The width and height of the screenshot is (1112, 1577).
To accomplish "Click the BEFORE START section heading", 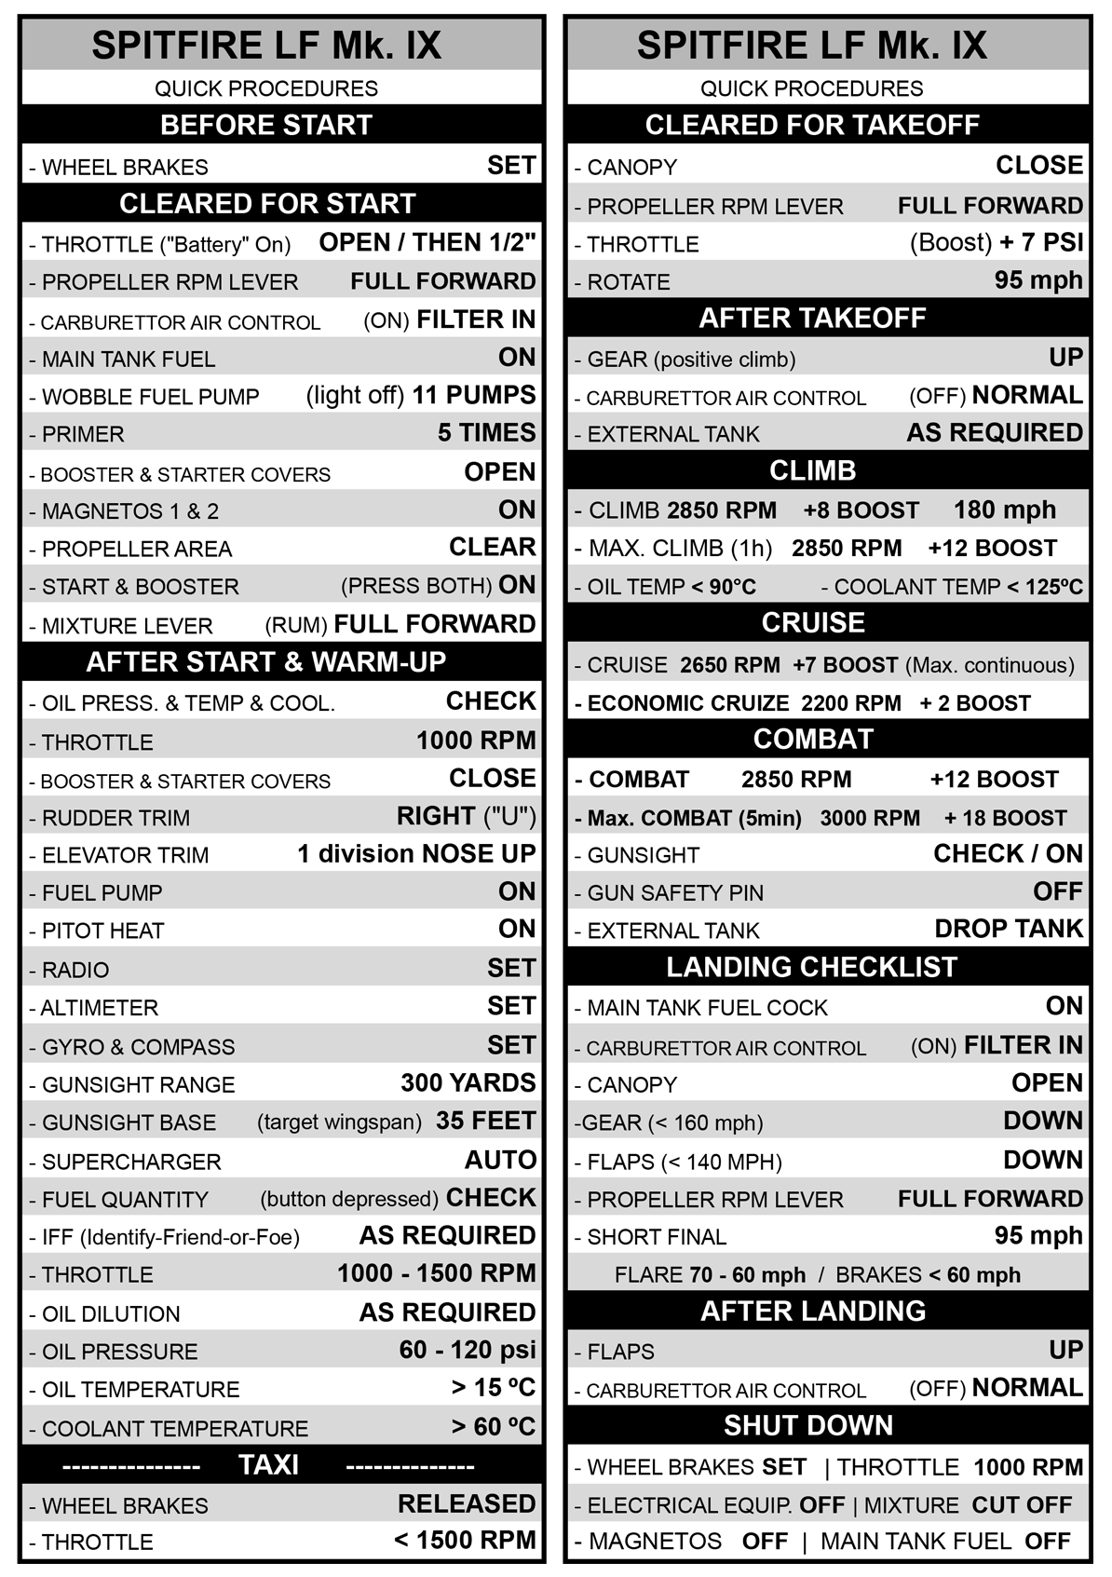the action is pos(266,125).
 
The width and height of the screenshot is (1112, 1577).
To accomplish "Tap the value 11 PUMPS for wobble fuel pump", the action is pos(473,395).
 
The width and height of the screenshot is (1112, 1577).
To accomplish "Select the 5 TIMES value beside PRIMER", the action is pos(486,433).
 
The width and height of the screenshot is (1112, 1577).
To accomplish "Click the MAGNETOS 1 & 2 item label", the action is pos(130,511).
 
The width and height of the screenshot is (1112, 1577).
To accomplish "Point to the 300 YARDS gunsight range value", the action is pos(468,1083).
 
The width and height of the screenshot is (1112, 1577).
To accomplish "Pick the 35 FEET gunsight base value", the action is pos(485,1121).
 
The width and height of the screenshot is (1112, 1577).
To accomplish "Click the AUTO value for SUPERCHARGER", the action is pos(500,1160).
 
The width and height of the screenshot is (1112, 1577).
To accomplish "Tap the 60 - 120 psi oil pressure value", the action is pos(468,1350).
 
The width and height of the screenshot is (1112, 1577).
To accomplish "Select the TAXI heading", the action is pos(268,1465).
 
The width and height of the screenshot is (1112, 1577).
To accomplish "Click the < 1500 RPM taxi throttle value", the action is pos(465,1541).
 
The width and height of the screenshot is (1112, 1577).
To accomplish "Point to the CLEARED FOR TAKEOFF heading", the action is pos(812,125).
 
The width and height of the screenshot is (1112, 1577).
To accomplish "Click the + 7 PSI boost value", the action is pos(1041,242).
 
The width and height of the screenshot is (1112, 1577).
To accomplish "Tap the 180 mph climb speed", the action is pos(1005,510).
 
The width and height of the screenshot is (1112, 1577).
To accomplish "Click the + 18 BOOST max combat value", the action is pos(1005,818).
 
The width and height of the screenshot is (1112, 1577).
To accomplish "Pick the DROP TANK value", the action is pos(1009,929).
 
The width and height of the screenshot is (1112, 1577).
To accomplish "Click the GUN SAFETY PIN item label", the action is pos(675,893).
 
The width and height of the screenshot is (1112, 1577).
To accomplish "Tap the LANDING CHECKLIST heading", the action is pos(812,968).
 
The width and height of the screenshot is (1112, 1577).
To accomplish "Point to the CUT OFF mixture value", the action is pos(1022,1505).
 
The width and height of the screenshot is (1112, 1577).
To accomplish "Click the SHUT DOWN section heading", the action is pos(808,1426).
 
